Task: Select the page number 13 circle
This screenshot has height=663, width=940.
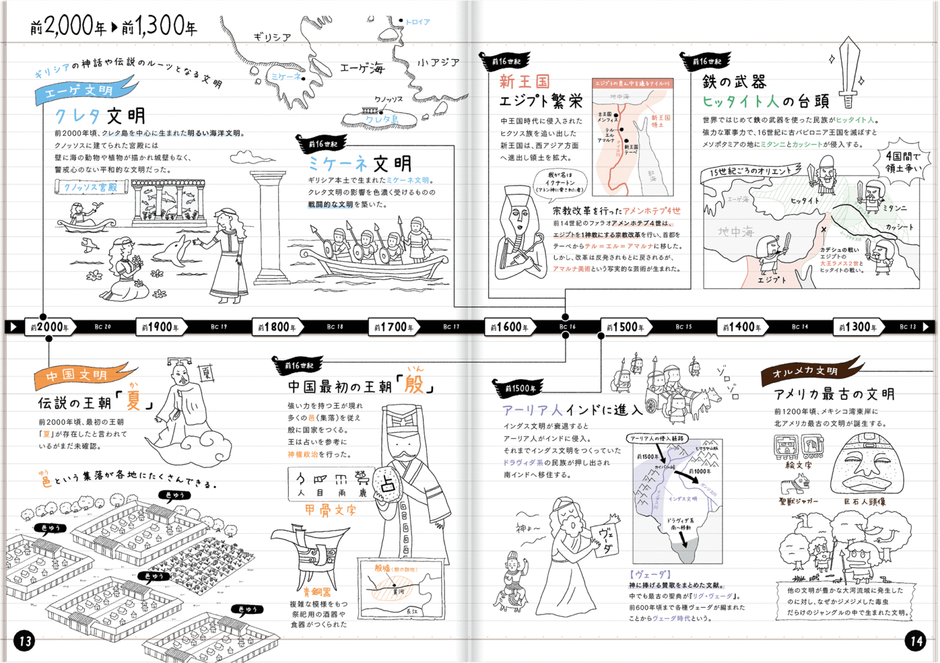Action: (x=24, y=641)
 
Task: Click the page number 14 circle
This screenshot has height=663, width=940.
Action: (x=916, y=641)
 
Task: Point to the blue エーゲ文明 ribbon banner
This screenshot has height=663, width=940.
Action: (x=83, y=91)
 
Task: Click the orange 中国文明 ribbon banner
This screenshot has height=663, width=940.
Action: (x=80, y=374)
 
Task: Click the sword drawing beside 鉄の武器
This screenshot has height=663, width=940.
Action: (x=849, y=71)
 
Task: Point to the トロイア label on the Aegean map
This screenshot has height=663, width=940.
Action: (x=417, y=22)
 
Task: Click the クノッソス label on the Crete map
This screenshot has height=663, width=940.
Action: (x=389, y=99)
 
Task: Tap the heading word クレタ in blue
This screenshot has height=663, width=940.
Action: (x=78, y=116)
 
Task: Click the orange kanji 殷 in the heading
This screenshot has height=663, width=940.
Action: (x=414, y=385)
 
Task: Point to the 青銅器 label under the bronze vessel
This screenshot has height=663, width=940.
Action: (x=317, y=591)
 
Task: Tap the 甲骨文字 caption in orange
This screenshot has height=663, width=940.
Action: (x=330, y=509)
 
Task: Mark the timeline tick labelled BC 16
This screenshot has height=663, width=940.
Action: (x=567, y=327)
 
